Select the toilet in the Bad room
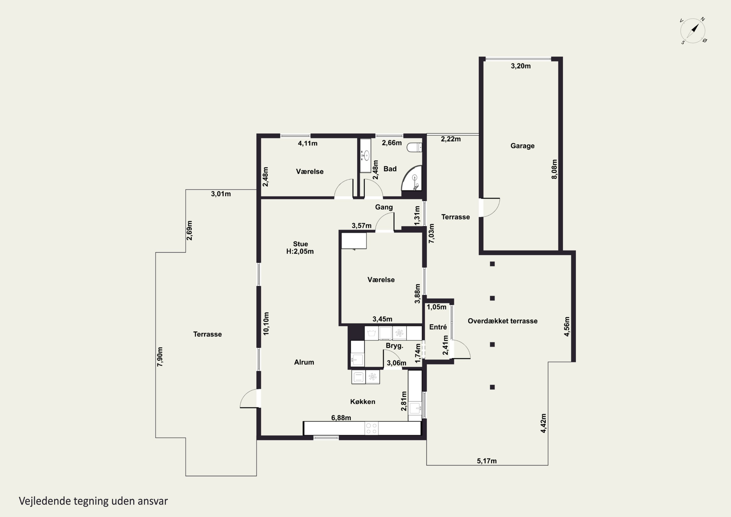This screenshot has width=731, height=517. click(414, 147)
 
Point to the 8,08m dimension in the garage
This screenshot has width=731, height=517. click(554, 169)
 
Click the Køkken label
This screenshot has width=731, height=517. click(363, 402)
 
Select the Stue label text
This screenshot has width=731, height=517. click(300, 244)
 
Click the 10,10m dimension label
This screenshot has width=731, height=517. click(266, 323)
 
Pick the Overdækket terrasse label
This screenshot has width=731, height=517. click(502, 321)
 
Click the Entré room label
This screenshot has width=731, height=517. click(438, 327)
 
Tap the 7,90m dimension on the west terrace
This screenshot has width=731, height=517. click(160, 357)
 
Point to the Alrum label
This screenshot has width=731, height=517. click(304, 362)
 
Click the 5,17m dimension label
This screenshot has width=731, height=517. click(487, 461)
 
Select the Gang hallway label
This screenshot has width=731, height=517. click(384, 207)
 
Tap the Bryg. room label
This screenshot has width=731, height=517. click(394, 346)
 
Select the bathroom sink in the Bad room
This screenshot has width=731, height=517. click(366, 156)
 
